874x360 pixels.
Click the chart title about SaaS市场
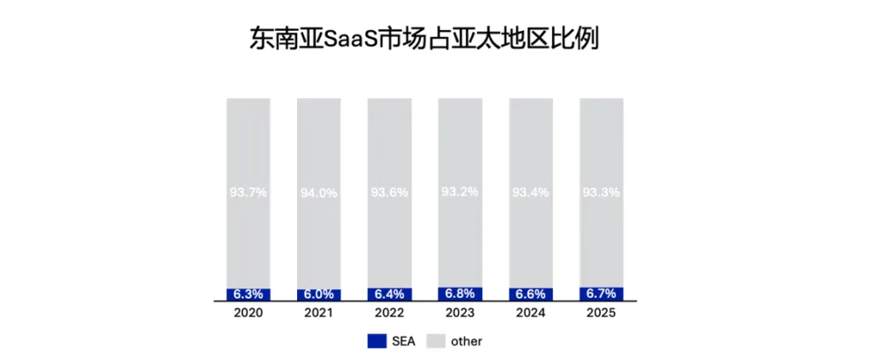423,40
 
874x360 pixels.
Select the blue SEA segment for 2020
248,295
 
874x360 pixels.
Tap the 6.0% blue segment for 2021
319,295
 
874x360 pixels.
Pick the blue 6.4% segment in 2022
389,295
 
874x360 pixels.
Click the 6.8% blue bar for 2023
460,294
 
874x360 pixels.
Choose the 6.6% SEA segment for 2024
531,295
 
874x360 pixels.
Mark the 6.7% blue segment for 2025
602,294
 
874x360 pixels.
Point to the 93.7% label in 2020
248,193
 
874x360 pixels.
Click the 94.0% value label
319,193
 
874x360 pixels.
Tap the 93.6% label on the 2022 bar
389,193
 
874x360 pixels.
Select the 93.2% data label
460,192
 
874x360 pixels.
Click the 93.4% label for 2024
531,193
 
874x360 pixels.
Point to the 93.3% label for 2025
602,193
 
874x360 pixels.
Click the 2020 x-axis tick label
248,314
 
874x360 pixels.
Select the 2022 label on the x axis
389,314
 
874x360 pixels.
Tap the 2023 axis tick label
460,314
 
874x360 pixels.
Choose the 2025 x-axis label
602,314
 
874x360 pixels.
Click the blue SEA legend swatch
376,341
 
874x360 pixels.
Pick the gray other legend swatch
436,341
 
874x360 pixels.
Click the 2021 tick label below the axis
319,314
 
